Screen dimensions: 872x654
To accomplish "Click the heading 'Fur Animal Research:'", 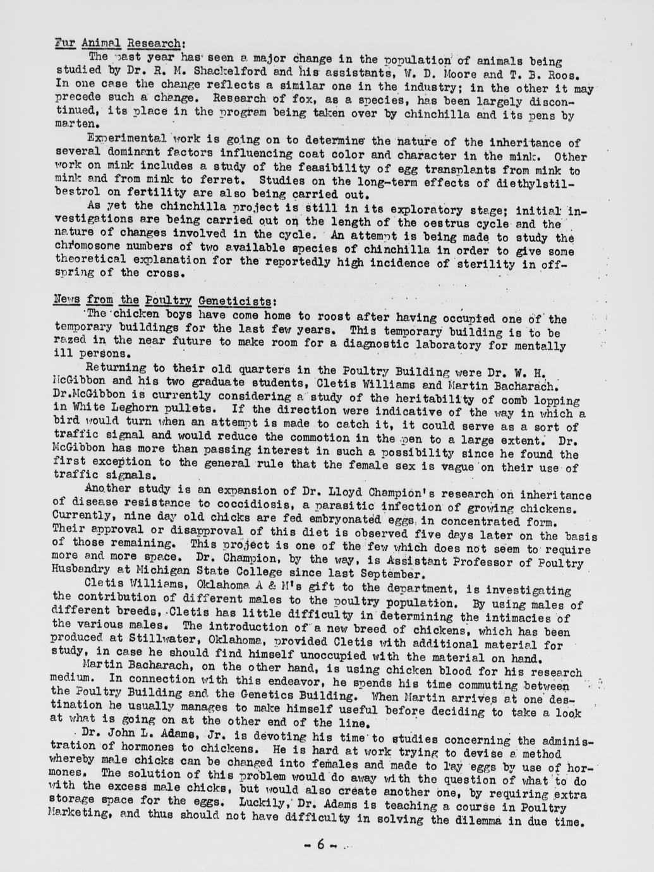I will (119, 44).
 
